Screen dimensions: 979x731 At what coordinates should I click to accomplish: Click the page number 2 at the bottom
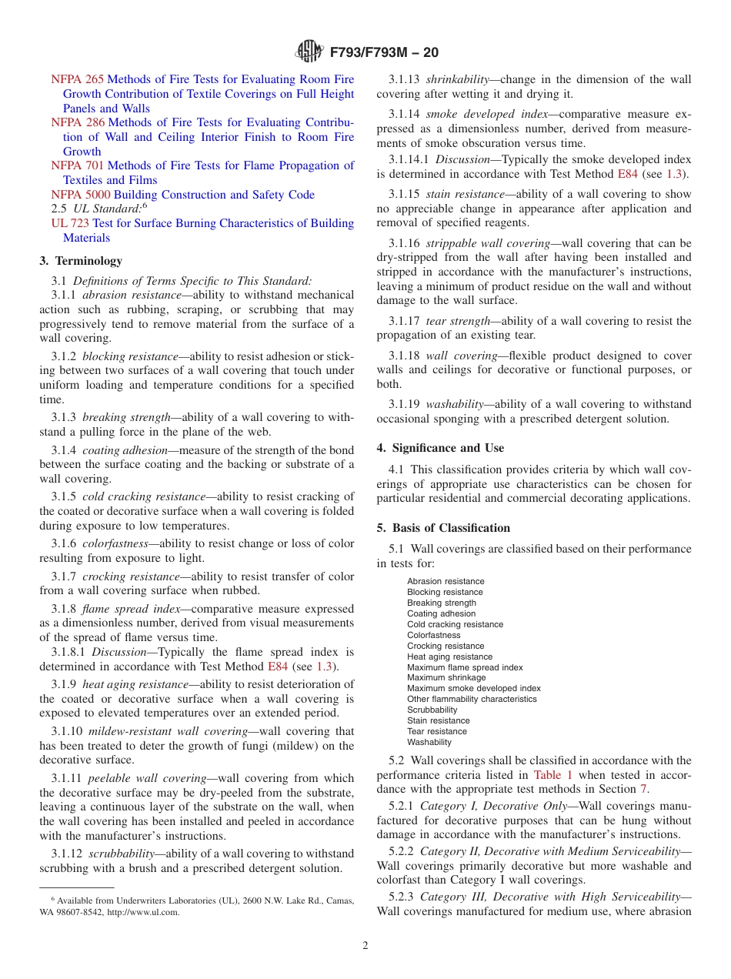coord(365,946)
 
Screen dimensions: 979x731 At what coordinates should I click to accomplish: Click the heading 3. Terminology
coord(81,261)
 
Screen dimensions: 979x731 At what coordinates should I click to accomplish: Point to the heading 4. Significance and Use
coord(440,448)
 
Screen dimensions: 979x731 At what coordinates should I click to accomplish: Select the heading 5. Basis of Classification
coord(443,528)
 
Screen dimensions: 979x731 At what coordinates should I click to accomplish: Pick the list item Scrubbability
coord(432,710)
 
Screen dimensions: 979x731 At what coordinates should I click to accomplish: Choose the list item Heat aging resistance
coord(449,657)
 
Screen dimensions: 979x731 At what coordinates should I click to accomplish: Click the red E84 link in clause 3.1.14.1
coord(627,174)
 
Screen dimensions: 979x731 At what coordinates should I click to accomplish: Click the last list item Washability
coord(429,742)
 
